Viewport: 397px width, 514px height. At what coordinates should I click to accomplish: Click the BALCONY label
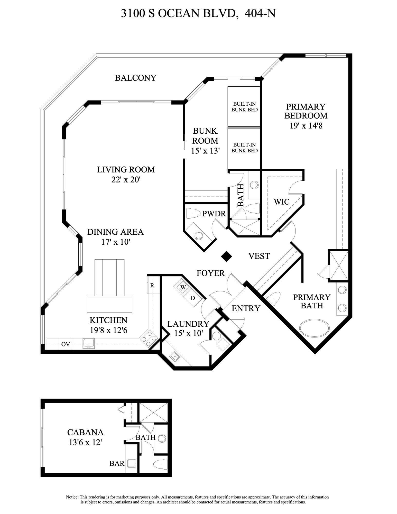135,78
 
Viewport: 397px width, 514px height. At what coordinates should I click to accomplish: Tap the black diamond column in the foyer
227,256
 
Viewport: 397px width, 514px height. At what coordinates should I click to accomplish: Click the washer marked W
183,287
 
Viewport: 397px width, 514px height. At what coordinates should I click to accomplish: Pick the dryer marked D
192,298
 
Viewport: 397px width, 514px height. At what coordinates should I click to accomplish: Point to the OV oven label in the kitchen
66,344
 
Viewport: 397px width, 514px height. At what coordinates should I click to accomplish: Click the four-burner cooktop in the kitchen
149,338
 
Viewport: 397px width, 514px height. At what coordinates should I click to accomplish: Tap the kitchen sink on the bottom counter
88,343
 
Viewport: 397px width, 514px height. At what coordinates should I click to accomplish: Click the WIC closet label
281,202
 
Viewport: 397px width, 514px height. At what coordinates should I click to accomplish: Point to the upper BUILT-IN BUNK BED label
244,107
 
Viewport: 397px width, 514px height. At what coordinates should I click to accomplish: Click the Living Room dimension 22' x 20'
126,179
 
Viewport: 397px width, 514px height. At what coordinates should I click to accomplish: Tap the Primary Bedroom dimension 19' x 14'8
306,126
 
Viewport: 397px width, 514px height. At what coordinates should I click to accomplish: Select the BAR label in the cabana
117,463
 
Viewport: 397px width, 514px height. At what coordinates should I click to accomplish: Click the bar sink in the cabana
131,463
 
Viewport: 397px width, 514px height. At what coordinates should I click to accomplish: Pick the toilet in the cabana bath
160,464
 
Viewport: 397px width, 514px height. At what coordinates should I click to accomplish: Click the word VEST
259,256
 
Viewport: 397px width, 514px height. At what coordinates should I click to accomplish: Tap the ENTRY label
246,308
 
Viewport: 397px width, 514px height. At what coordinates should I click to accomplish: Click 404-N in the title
260,13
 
